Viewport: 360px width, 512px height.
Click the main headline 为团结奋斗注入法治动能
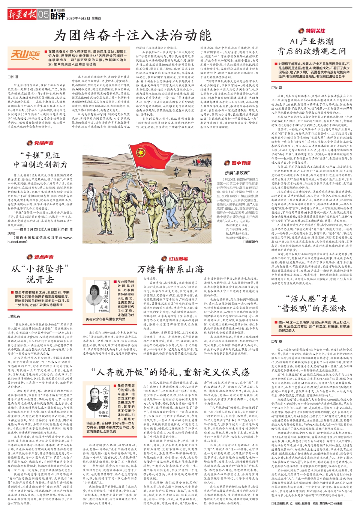pos(133,36)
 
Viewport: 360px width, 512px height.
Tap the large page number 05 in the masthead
pos(43,15)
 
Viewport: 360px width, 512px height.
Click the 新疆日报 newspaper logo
pos(22,15)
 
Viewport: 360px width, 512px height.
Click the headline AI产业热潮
pos(311,41)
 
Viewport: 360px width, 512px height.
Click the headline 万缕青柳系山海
pos(170,269)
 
